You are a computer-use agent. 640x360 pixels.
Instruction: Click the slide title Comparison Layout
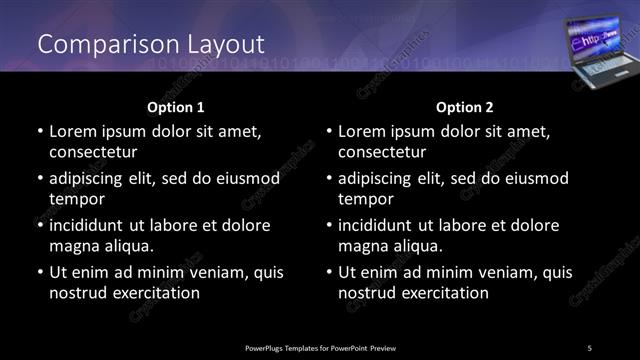pyautogui.click(x=151, y=45)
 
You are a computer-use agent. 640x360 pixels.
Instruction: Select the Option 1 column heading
pyautogui.click(x=176, y=106)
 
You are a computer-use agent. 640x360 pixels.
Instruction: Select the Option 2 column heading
pyautogui.click(x=464, y=106)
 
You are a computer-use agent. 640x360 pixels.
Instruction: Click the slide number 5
pyautogui.click(x=589, y=347)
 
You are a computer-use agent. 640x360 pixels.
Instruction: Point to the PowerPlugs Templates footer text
pyautogui.click(x=320, y=347)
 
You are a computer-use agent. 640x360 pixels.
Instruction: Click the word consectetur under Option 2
pyautogui.click(x=381, y=152)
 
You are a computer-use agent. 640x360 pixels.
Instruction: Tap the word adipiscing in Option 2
pyautogui.click(x=377, y=179)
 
